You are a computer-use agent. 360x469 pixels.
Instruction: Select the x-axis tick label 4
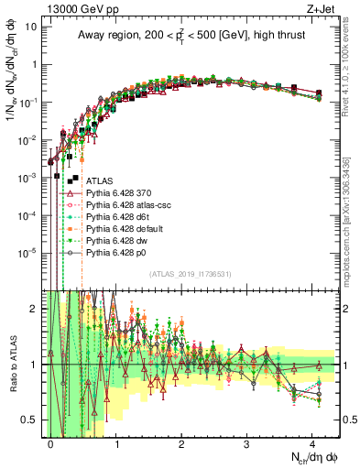pyautogui.click(x=311, y=443)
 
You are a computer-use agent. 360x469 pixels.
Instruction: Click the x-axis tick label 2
pyautogui.click(x=181, y=443)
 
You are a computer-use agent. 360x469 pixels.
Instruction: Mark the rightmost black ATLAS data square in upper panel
pyautogui.click(x=318, y=93)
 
